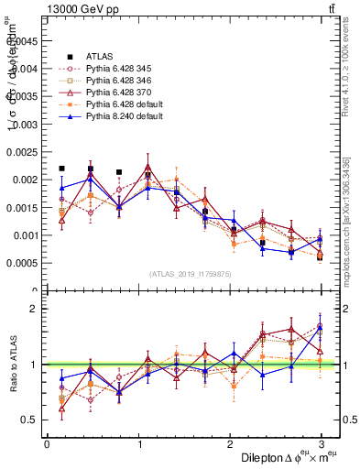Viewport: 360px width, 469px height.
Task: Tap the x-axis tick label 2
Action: pyautogui.click(x=229, y=443)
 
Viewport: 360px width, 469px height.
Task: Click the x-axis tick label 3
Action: pyautogui.click(x=321, y=443)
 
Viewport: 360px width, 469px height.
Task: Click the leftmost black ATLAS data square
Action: pyautogui.click(x=61, y=169)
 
